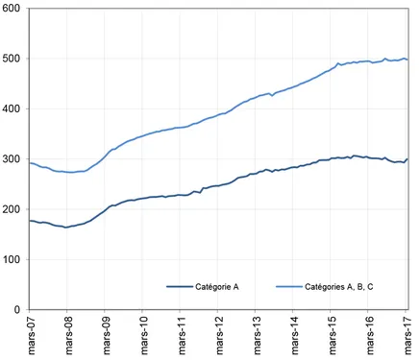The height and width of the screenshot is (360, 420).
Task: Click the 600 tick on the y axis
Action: point(12,9)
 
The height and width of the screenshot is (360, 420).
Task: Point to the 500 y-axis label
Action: point(12,59)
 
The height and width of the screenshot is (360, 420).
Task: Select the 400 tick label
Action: point(12,108)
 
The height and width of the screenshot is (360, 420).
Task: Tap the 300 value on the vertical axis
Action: point(12,159)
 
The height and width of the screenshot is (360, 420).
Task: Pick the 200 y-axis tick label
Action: point(12,209)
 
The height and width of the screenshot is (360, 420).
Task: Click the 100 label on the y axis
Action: point(12,259)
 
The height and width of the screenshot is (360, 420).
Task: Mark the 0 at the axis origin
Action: point(17,310)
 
